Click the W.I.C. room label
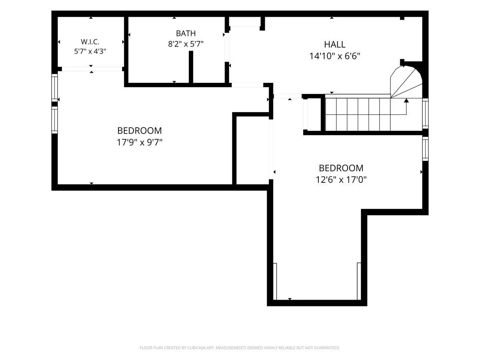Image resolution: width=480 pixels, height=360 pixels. (x=90, y=42)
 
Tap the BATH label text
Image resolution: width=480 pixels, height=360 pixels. (x=186, y=34)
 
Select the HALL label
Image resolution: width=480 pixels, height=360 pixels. (x=334, y=44)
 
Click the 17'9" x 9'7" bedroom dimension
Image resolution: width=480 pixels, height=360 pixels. (x=140, y=142)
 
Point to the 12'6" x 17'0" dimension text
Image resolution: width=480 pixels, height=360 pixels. (x=341, y=180)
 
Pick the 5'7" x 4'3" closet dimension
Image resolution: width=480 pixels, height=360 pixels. (x=90, y=51)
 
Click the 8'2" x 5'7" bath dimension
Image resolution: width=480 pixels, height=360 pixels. (x=186, y=44)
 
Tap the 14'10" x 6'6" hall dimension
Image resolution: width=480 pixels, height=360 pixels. (x=334, y=56)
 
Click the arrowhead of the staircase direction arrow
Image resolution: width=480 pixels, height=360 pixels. (x=406, y=100)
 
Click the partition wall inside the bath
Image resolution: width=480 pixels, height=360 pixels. (x=191, y=67)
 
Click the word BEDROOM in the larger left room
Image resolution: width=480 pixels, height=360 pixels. (x=140, y=131)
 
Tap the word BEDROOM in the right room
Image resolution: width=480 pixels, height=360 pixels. (x=341, y=168)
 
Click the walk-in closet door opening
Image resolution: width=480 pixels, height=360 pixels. (x=92, y=69)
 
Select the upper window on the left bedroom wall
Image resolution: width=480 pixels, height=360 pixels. (x=54, y=88)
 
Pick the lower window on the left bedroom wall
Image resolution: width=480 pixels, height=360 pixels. (x=54, y=120)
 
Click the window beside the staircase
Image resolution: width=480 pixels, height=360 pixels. (x=425, y=114)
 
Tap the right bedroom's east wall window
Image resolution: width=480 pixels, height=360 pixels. (x=425, y=149)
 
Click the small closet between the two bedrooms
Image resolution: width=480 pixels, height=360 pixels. (x=252, y=150)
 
